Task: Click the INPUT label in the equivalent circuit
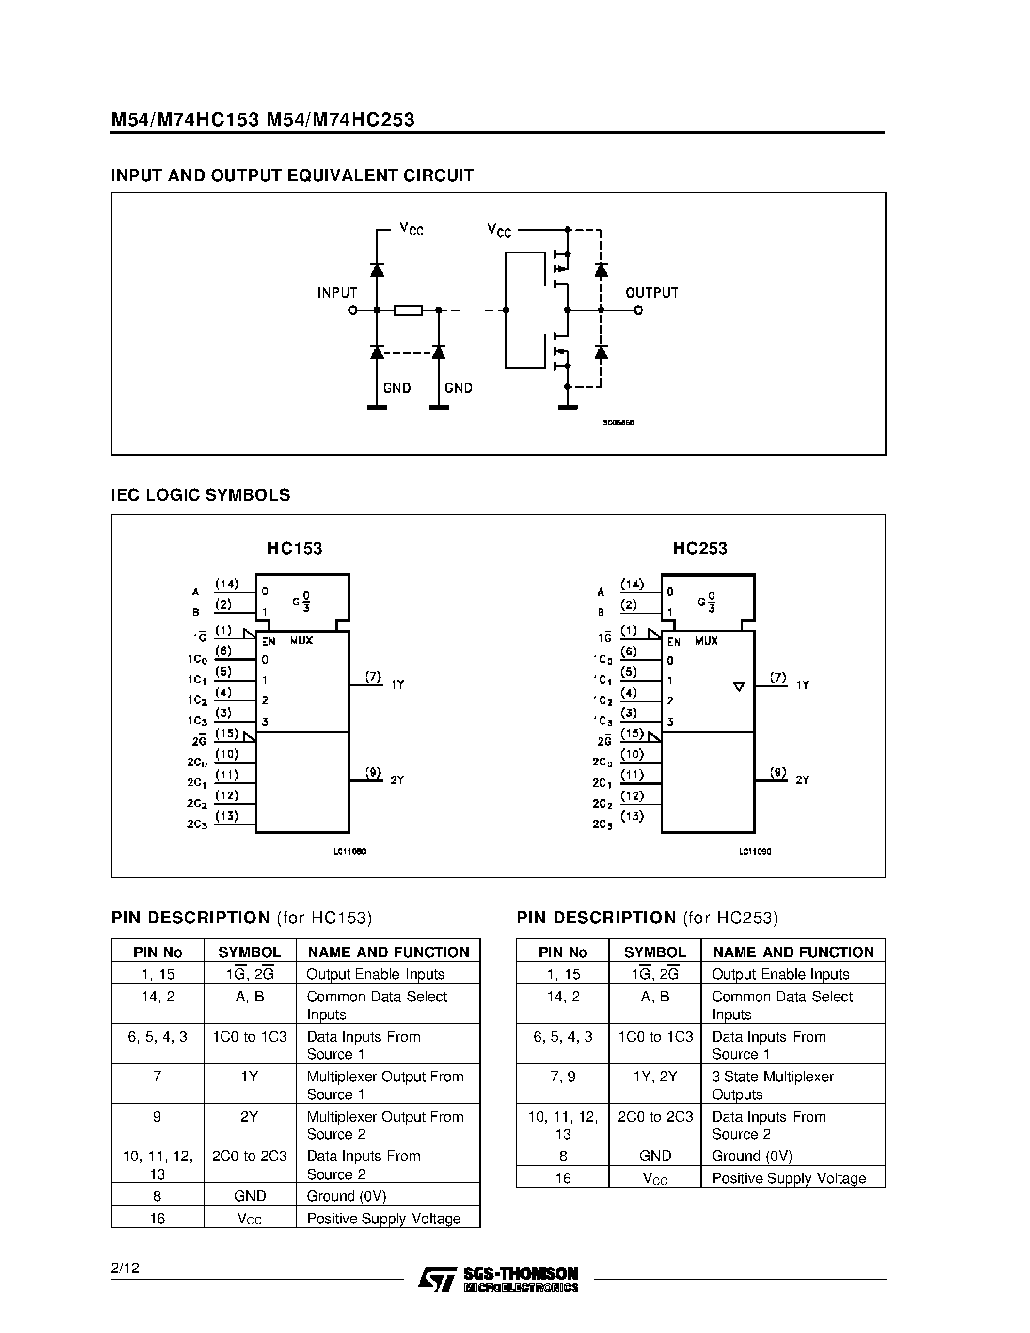(337, 293)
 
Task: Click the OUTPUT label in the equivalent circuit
(651, 293)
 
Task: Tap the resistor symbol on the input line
(408, 311)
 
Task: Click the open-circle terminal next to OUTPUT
(638, 311)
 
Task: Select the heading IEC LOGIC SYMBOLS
(200, 495)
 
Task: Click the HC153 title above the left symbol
(294, 549)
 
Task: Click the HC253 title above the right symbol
(700, 549)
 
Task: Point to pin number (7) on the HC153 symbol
(373, 676)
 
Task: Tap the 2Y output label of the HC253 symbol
(802, 780)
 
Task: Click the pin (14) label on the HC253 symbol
(632, 584)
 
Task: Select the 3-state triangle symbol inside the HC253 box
(739, 687)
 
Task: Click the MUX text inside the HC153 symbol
(301, 641)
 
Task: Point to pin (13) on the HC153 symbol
(226, 816)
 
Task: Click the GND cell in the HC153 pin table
(250, 1196)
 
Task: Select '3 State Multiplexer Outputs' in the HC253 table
(773, 1085)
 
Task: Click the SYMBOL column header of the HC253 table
(655, 952)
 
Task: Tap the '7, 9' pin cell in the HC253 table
(563, 1077)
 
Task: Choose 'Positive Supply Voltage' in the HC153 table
(383, 1218)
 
